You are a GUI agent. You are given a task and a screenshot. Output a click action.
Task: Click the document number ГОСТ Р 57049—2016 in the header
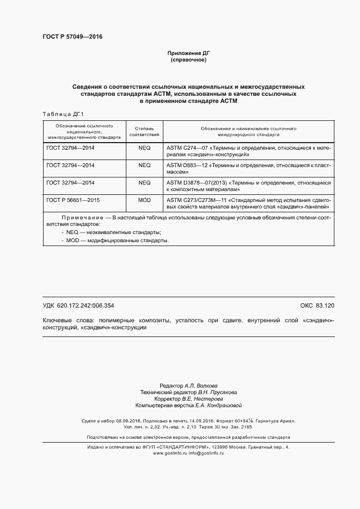(72, 37)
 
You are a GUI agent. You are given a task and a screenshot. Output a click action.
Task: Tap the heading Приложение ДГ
(188, 53)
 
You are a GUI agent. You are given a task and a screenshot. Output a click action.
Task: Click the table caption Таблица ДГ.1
(62, 113)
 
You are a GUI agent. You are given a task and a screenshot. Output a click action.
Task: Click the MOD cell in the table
(144, 200)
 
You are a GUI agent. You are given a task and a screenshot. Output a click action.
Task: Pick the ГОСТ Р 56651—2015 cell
(71, 200)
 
